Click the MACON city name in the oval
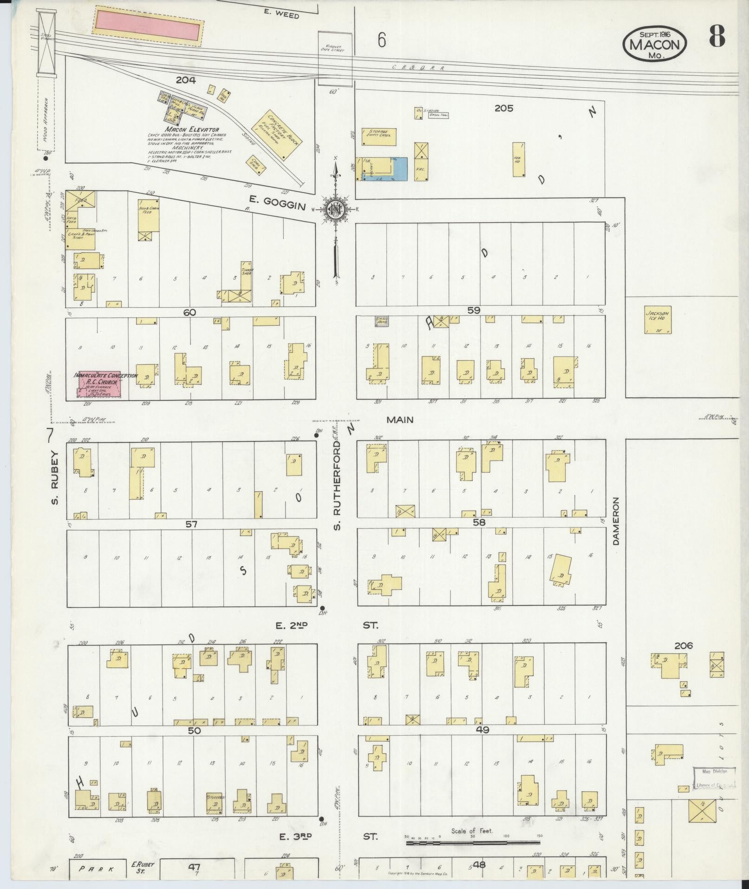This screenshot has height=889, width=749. click(x=654, y=45)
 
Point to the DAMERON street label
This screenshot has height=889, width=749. click(x=616, y=521)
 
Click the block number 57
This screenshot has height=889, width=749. click(x=191, y=524)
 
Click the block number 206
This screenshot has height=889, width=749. click(x=684, y=645)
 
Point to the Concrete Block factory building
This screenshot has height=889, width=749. click(x=277, y=135)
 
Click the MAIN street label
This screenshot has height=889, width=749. click(x=400, y=420)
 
